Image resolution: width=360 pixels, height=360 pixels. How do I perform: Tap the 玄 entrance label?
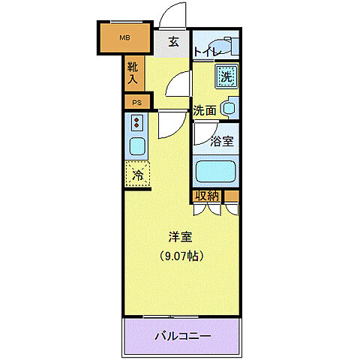(173, 41)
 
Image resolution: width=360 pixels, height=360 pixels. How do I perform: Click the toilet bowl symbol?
(226, 45)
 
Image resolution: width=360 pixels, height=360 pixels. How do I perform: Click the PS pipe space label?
(136, 102)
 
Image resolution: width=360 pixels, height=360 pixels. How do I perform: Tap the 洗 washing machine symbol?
(226, 75)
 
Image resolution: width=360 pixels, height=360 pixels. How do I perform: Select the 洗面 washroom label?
(205, 110)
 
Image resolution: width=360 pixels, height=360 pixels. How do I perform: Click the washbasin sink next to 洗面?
(229, 108)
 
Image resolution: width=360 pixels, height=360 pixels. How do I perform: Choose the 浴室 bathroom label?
(221, 140)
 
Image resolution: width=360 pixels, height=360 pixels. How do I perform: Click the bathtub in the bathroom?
(217, 172)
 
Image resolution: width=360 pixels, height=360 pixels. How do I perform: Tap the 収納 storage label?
(207, 196)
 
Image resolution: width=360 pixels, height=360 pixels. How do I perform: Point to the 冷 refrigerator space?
(138, 175)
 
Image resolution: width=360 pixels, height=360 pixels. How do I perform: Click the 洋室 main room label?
(180, 237)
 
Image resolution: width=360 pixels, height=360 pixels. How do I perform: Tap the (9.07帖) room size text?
(180, 255)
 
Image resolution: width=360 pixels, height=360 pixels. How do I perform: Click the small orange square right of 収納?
(232, 197)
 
